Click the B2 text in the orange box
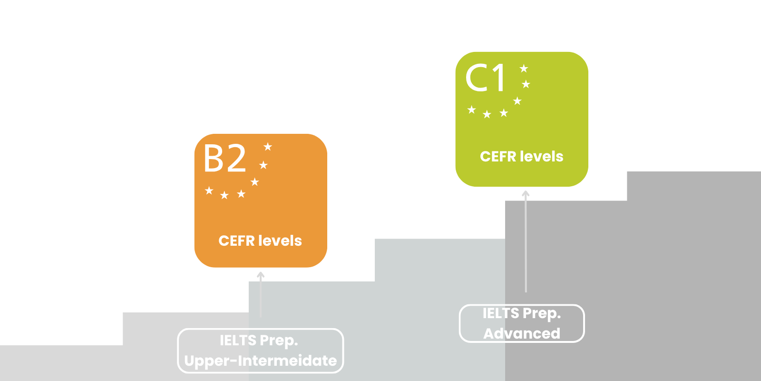pyautogui.click(x=224, y=158)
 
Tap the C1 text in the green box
pyautogui.click(x=486, y=78)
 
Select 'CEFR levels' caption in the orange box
pyautogui.click(x=260, y=241)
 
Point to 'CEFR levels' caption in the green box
pyautogui.click(x=522, y=157)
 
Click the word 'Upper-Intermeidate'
pyautogui.click(x=260, y=361)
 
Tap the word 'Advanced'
pyautogui.click(x=522, y=333)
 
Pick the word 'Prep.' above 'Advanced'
pyautogui.click(x=542, y=314)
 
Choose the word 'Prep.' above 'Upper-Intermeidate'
pyautogui.click(x=279, y=341)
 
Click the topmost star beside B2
pyautogui.click(x=268, y=147)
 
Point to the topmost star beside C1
pyautogui.click(x=524, y=69)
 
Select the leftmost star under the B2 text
pyautogui.click(x=209, y=190)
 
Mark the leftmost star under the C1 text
pyautogui.click(x=471, y=110)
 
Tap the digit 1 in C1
pyautogui.click(x=498, y=78)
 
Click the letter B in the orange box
pyautogui.click(x=213, y=158)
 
